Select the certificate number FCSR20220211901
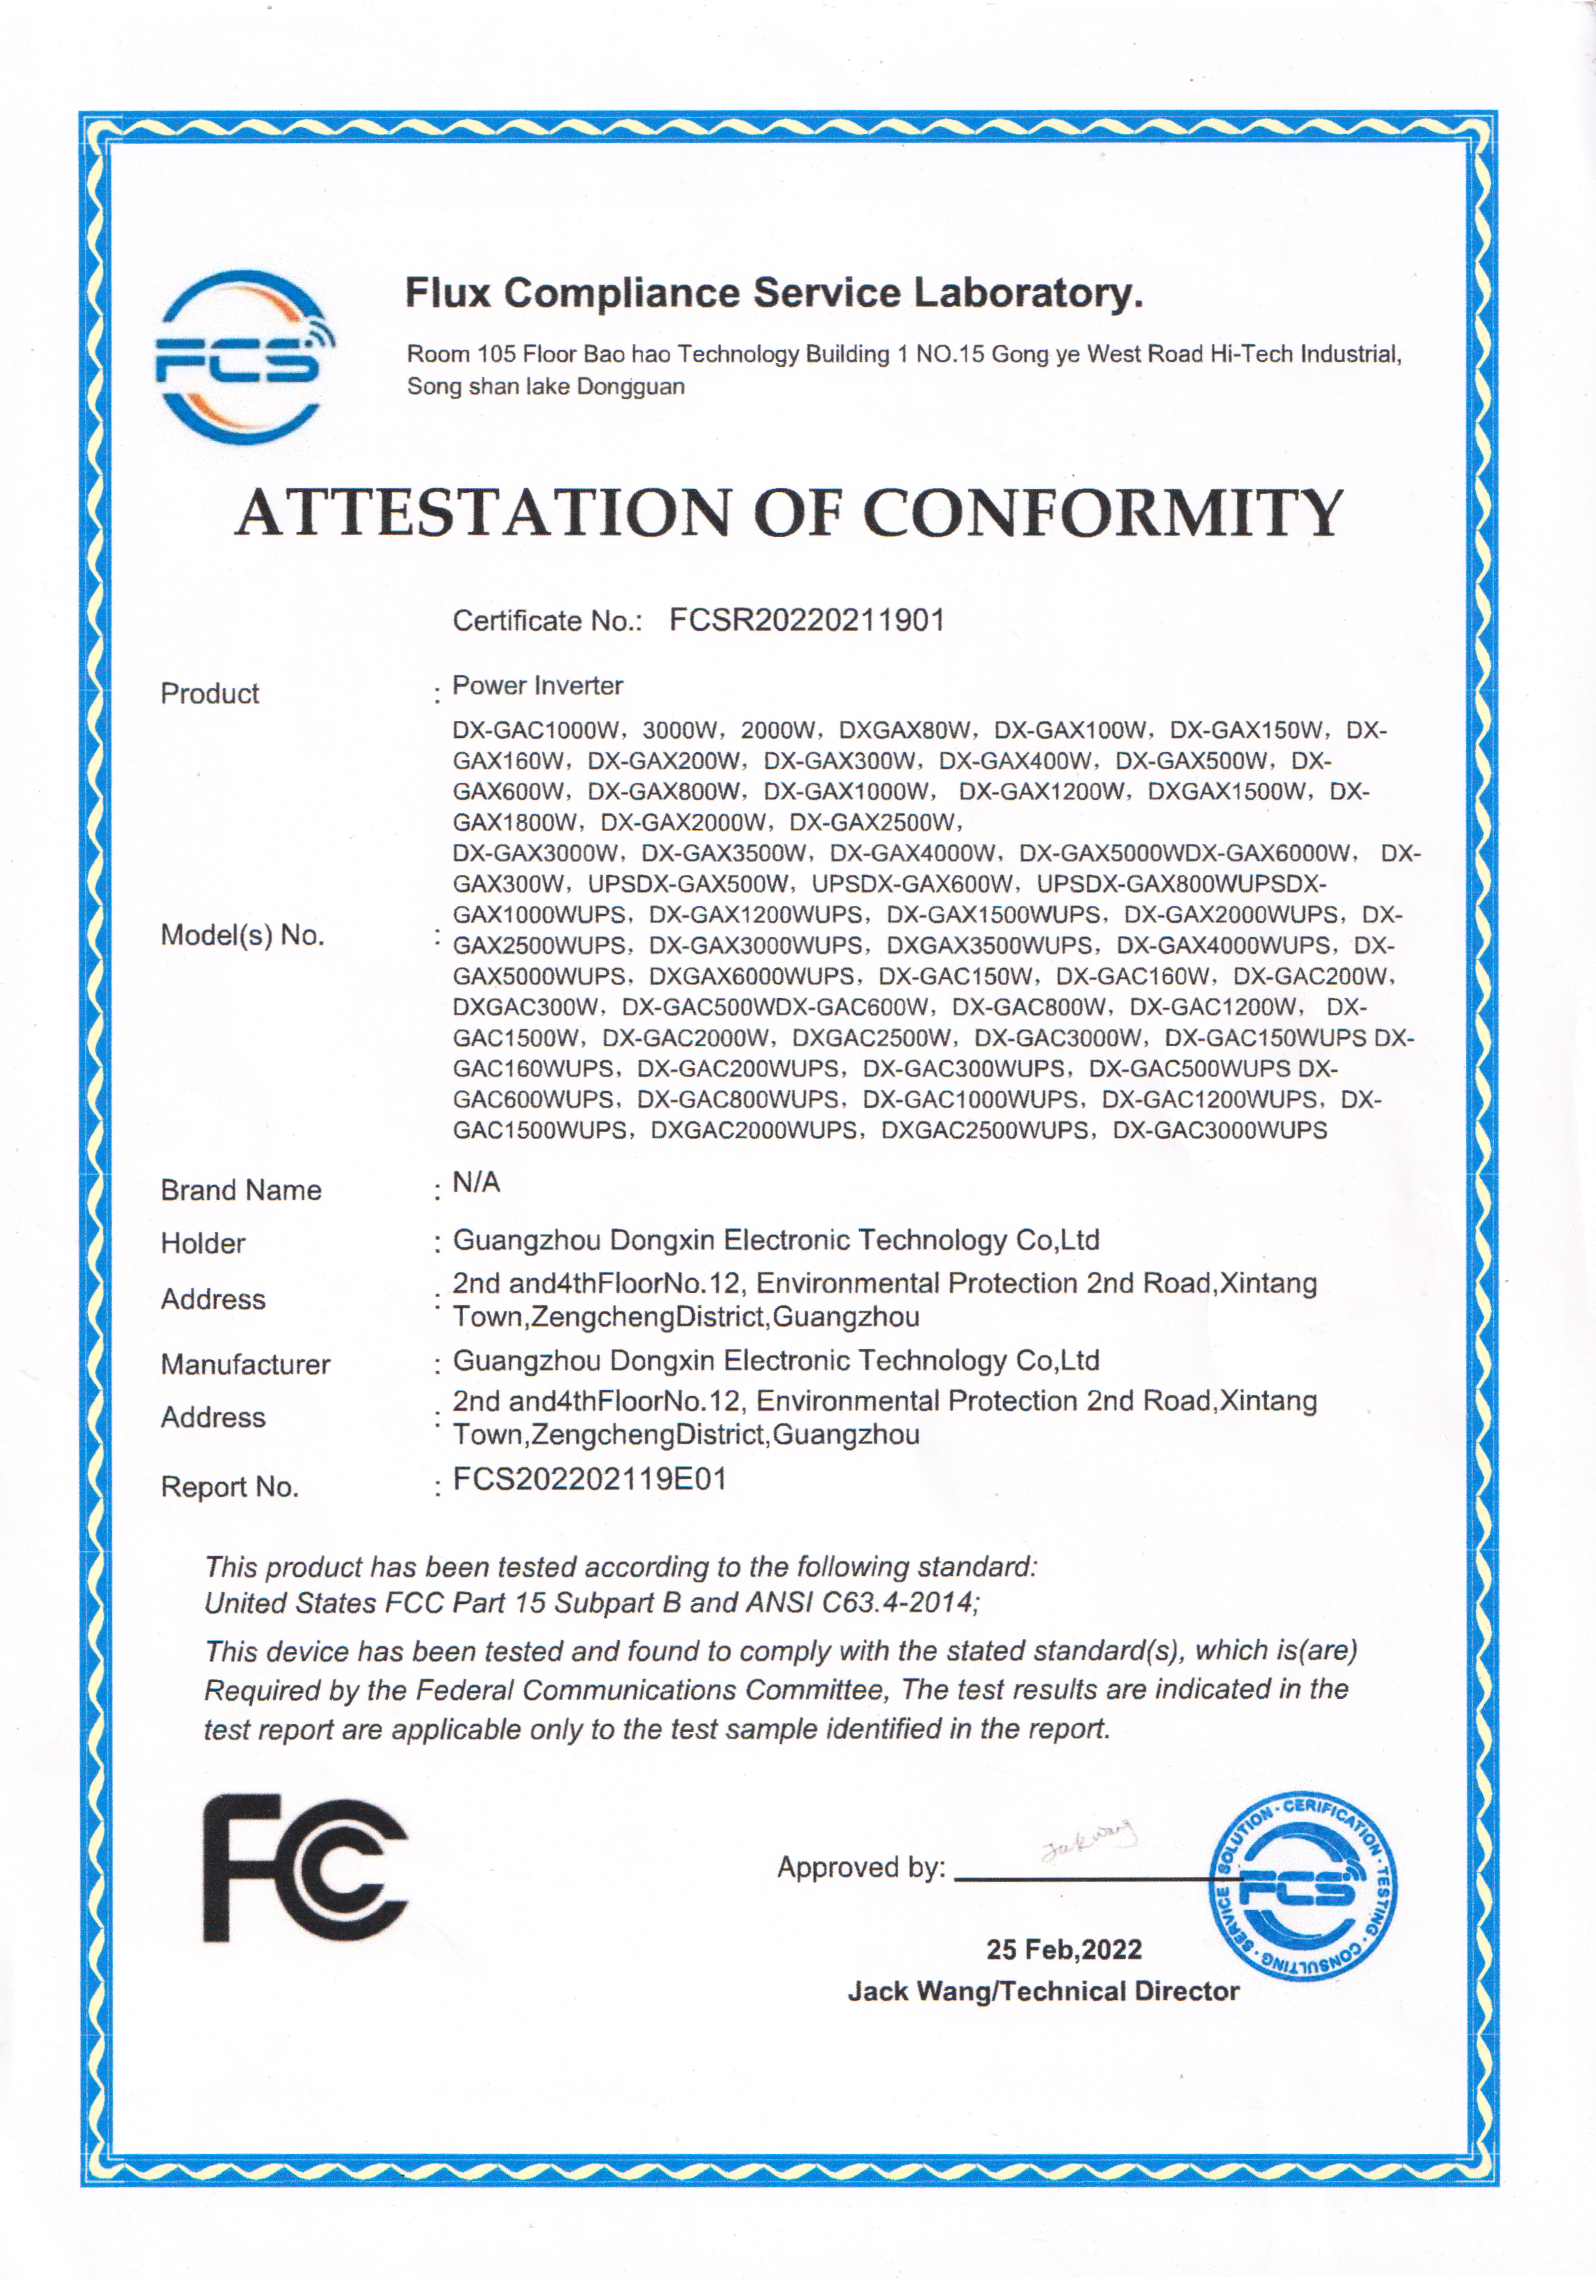806,621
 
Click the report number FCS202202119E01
590,1480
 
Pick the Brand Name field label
241,1190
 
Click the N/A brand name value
476,1182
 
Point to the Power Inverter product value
537,685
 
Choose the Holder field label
203,1242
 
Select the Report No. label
229,1487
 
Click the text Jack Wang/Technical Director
1043,1991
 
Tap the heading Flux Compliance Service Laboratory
774,293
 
